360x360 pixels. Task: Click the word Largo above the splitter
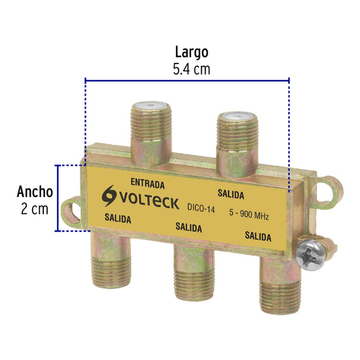pos(192,53)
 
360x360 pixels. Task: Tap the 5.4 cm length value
pos(192,69)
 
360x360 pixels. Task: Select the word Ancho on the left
pos(35,192)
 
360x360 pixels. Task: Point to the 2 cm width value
pos(35,209)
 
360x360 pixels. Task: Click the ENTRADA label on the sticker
pos(148,183)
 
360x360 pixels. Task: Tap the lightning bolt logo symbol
pos(109,196)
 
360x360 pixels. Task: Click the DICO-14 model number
pos(201,208)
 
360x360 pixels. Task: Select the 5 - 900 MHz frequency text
pos(249,215)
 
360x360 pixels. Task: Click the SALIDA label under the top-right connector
pos(231,194)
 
